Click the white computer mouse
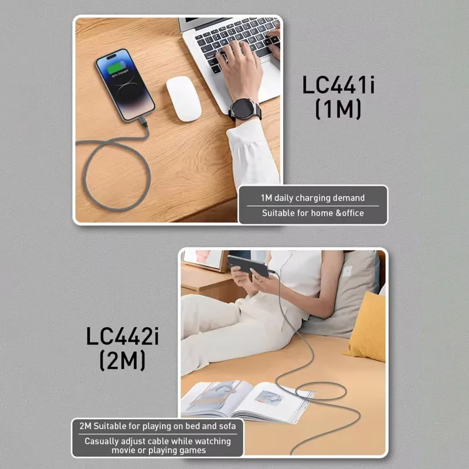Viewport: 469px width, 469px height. pos(183,98)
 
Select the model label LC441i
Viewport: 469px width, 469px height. pos(339,85)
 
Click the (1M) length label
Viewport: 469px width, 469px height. pos(338,109)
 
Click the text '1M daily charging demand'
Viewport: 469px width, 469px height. pos(312,198)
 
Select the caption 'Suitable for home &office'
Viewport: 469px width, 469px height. pos(312,213)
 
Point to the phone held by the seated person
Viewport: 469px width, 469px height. pos(247,265)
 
